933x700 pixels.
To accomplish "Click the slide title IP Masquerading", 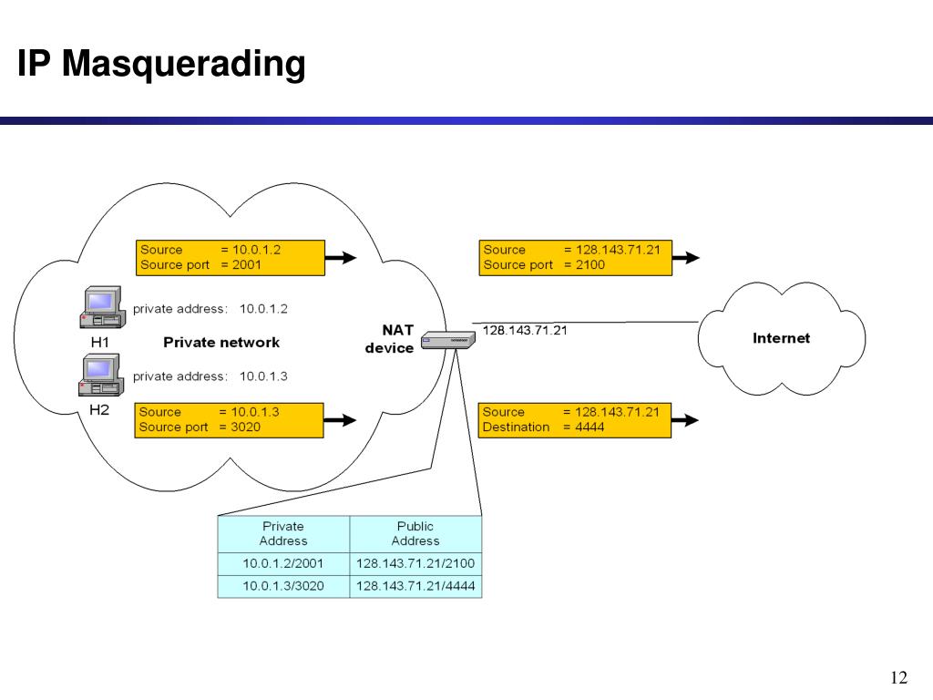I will pyautogui.click(x=161, y=66).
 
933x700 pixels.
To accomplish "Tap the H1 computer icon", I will pyautogui.click(x=100, y=308).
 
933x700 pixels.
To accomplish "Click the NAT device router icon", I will pyautogui.click(x=448, y=343).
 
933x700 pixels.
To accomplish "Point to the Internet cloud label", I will pyautogui.click(x=781, y=338).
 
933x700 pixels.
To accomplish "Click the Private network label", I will pyautogui.click(x=221, y=343).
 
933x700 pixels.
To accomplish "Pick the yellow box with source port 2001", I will pyautogui.click(x=231, y=257).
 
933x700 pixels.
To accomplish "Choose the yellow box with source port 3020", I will pyautogui.click(x=229, y=419).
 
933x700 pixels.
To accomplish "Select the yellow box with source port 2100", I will pyautogui.click(x=575, y=257).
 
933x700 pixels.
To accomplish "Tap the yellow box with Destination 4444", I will pyautogui.click(x=575, y=419).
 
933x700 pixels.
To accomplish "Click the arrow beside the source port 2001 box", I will pyautogui.click(x=342, y=258).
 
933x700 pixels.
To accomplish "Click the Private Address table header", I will pyautogui.click(x=283, y=533).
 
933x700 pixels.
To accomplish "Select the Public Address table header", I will pyautogui.click(x=415, y=533).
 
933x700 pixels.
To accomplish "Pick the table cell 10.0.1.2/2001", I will pyautogui.click(x=283, y=563).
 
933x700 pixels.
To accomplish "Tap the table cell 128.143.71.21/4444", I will pyautogui.click(x=415, y=586).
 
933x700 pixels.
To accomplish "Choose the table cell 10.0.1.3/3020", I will pyautogui.click(x=283, y=586).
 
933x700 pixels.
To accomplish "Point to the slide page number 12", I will pyautogui.click(x=898, y=677).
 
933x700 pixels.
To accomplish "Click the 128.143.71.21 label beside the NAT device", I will pyautogui.click(x=525, y=331).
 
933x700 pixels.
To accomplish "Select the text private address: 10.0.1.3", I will pyautogui.click(x=210, y=376).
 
